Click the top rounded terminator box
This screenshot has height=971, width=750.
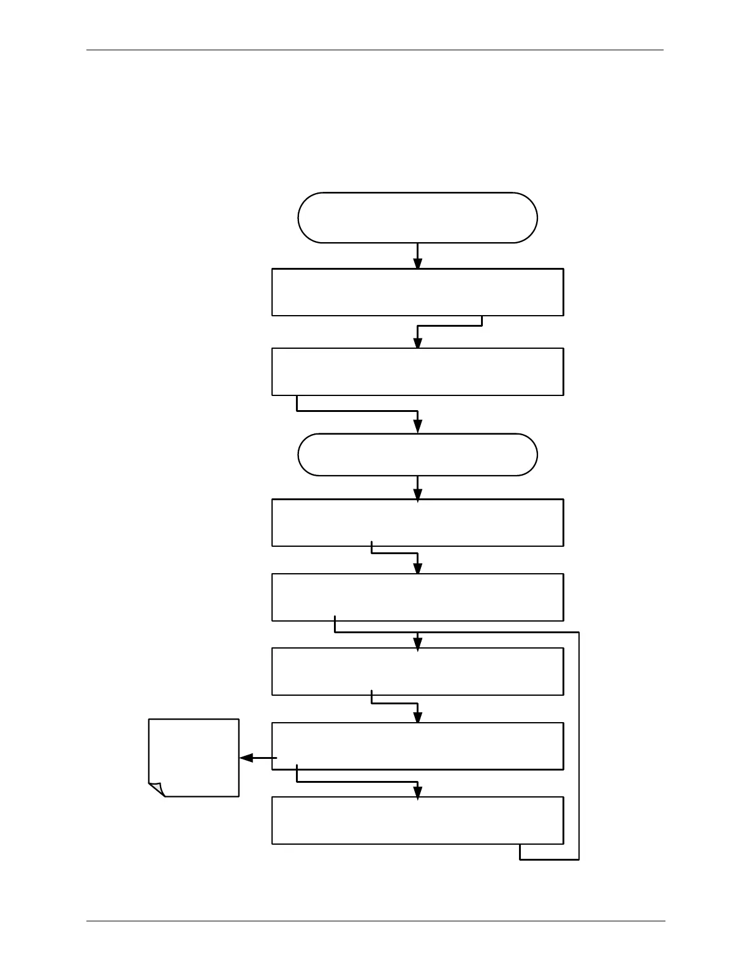(x=417, y=218)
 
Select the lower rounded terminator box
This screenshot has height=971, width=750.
(x=417, y=455)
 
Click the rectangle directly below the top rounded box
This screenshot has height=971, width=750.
(x=417, y=292)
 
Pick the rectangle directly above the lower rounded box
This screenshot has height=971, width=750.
(x=417, y=371)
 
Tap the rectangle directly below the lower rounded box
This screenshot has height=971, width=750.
(x=417, y=522)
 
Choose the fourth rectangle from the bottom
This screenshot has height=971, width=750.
(x=417, y=597)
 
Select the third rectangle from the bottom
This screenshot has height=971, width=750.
(x=417, y=671)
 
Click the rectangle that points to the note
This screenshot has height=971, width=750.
(x=417, y=746)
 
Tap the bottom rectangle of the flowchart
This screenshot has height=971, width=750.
(x=417, y=820)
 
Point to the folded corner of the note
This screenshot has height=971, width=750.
(x=157, y=790)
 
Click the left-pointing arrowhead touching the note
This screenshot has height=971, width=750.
(x=246, y=758)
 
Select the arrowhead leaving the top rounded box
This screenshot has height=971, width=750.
(x=418, y=263)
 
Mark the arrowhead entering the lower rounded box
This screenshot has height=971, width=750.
(x=418, y=427)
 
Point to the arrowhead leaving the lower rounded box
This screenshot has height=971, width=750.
(x=418, y=495)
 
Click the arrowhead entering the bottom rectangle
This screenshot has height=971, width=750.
(x=418, y=793)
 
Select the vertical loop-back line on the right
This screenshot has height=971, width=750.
(x=579, y=745)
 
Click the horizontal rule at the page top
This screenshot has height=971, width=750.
(x=375, y=50)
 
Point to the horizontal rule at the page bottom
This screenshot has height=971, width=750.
(x=375, y=921)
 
